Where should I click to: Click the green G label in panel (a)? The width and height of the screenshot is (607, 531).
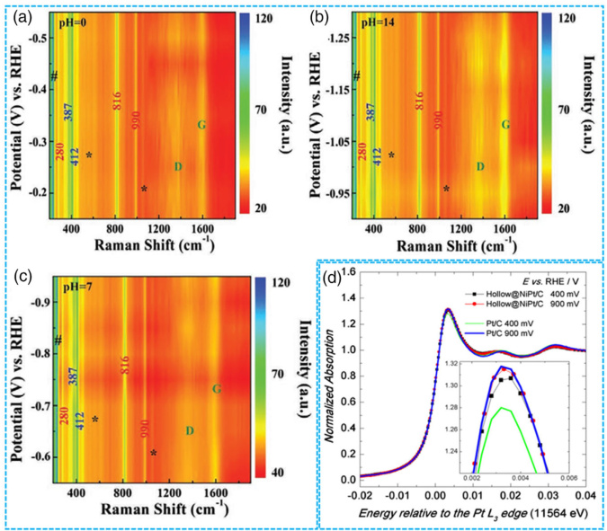click(201, 124)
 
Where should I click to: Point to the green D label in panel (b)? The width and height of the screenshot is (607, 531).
click(481, 166)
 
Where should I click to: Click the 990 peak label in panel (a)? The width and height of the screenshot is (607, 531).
click(136, 122)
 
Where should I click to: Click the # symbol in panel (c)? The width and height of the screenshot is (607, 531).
click(58, 340)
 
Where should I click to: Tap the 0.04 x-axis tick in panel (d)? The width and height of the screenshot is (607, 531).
click(585, 494)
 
